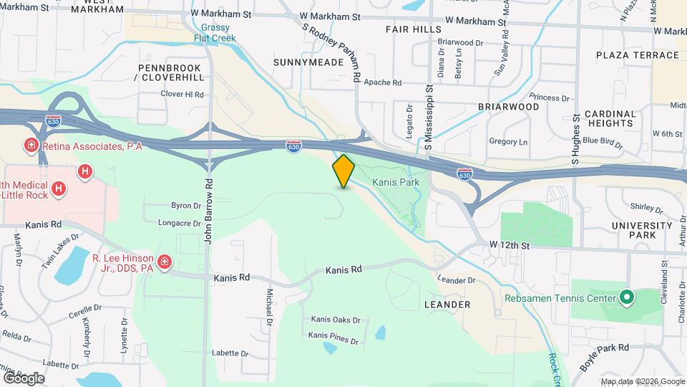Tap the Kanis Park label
[396, 183]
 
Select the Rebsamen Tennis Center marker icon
[627, 297]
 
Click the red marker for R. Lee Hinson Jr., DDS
[165, 263]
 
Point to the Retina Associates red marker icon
[31, 146]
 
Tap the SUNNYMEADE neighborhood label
[308, 62]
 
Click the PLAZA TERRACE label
[637, 55]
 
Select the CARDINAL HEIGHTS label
[610, 118]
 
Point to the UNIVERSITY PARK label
[643, 230]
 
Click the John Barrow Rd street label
[209, 211]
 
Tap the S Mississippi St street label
[429, 117]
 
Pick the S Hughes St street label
[575, 138]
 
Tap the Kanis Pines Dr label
[333, 337]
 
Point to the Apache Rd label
[382, 83]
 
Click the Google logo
[24, 378]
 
